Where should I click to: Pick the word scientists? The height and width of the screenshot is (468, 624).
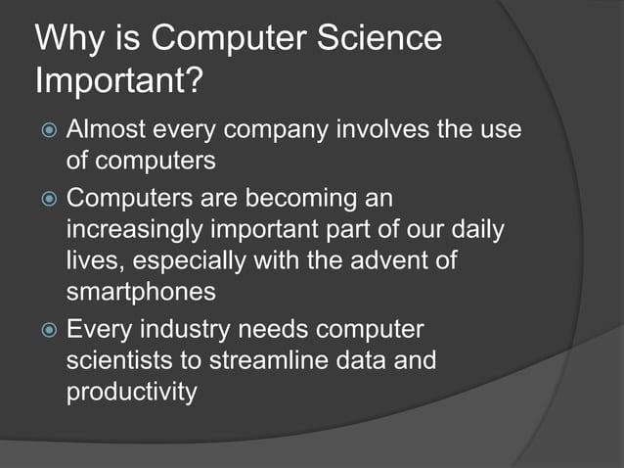[119, 363]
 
